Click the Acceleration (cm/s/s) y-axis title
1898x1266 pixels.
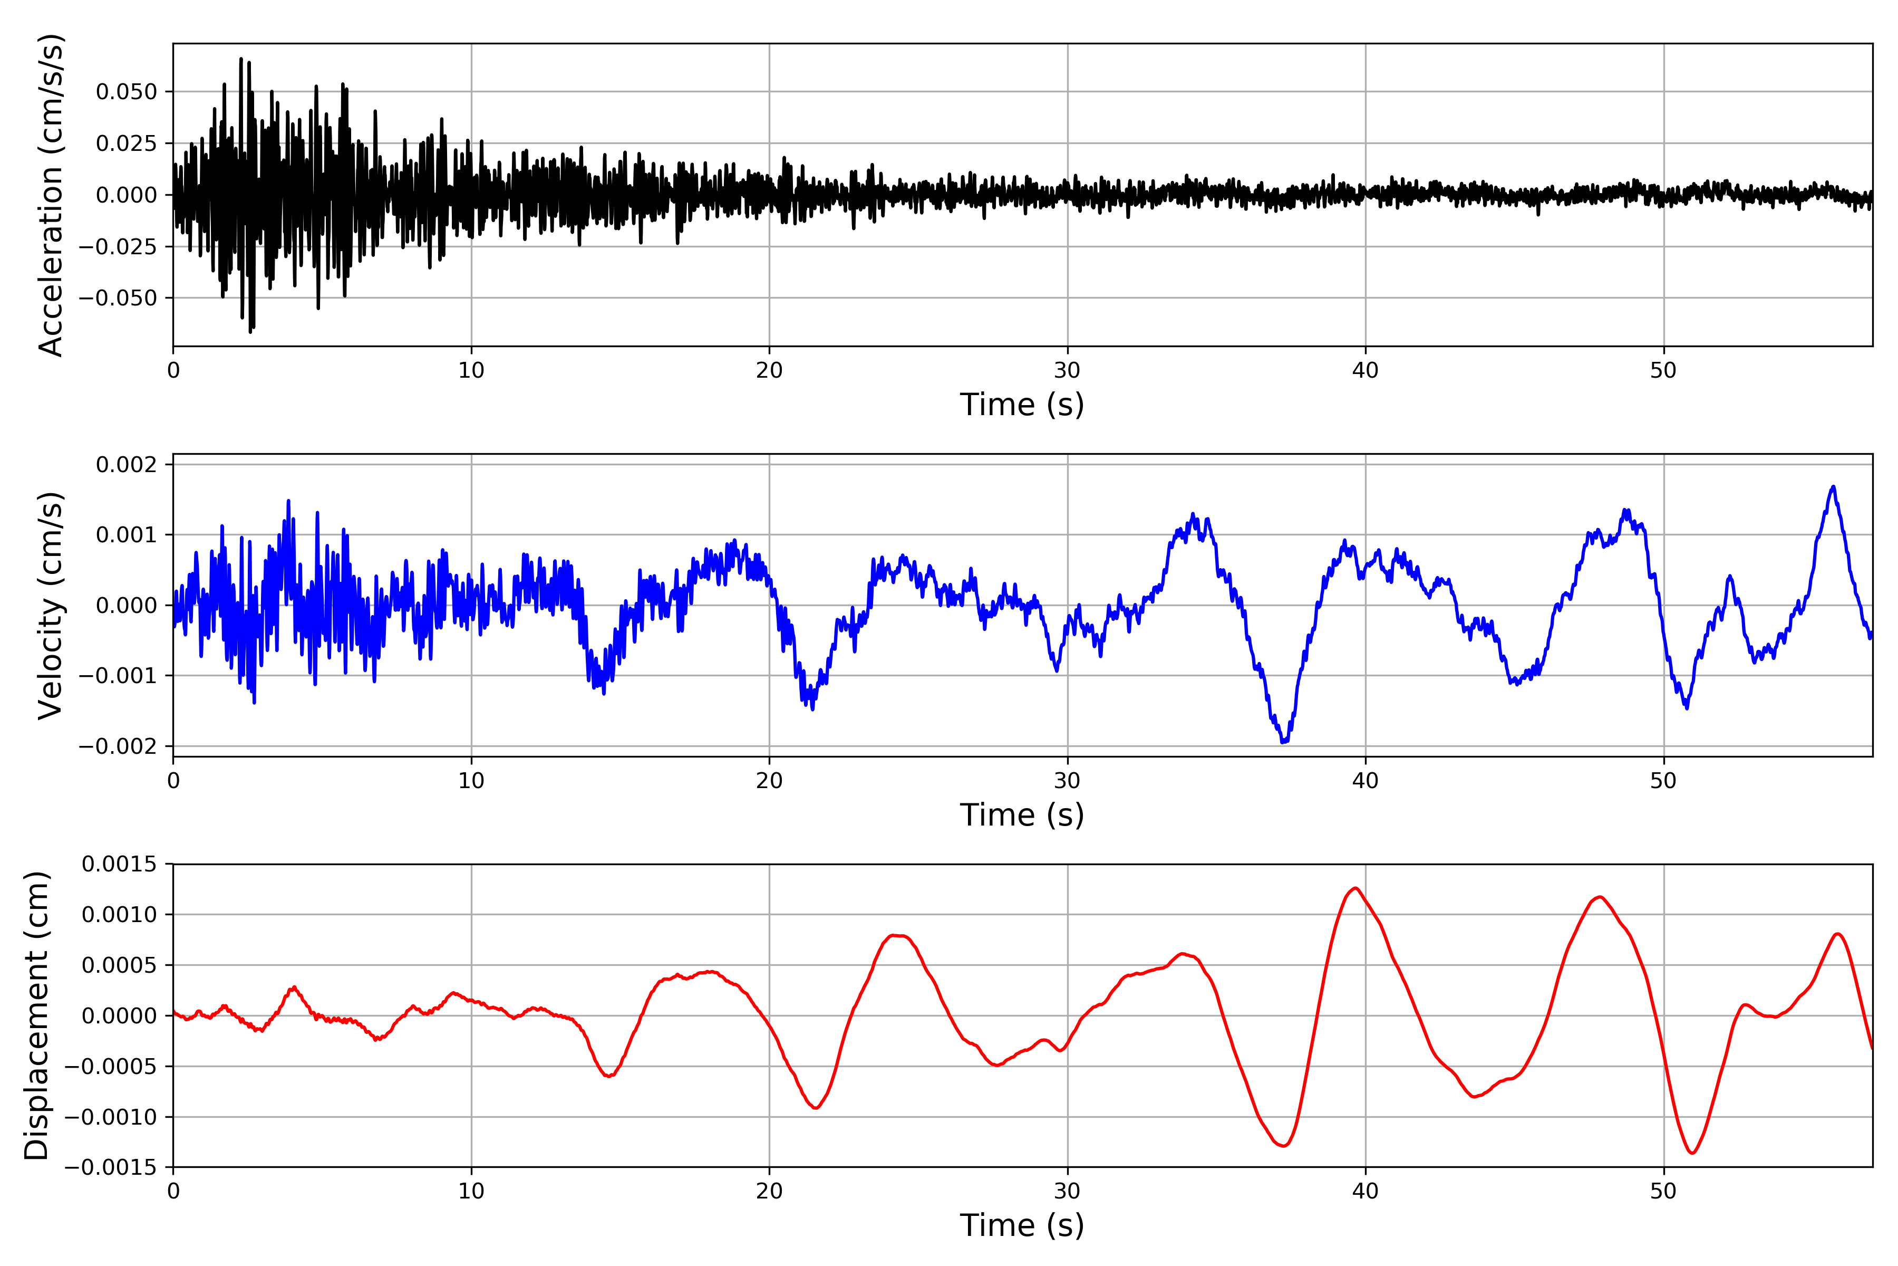pyautogui.click(x=50, y=195)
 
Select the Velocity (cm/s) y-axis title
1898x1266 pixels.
pyautogui.click(x=50, y=606)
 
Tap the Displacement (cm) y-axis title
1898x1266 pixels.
pyautogui.click(x=36, y=1016)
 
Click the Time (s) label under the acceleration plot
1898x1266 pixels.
pyautogui.click(x=1022, y=405)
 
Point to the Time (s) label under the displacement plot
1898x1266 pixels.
pyautogui.click(x=1022, y=1225)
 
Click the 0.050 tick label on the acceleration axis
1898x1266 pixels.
pyautogui.click(x=126, y=92)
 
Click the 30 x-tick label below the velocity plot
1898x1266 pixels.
pyautogui.click(x=1067, y=781)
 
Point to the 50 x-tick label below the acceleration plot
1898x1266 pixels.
pyautogui.click(x=1663, y=371)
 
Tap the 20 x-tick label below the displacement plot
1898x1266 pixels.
pyautogui.click(x=769, y=1191)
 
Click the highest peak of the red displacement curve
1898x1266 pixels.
pyautogui.click(x=1355, y=888)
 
